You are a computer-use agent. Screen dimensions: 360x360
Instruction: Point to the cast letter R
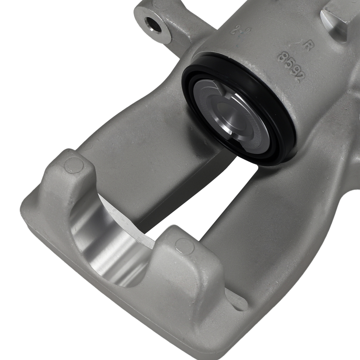(307, 46)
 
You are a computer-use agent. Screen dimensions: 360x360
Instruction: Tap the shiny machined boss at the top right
(337, 22)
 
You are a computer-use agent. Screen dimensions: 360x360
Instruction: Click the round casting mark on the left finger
(73, 165)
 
